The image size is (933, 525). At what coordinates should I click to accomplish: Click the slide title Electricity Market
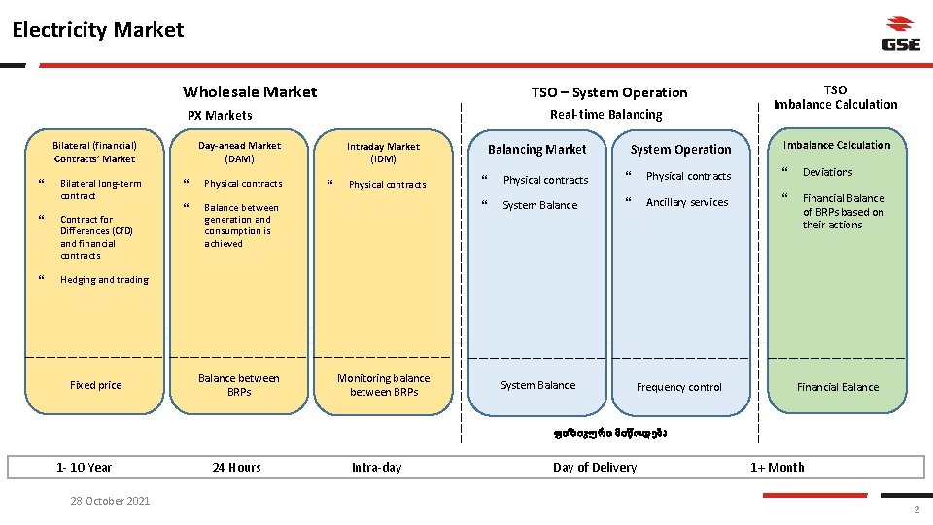(x=98, y=30)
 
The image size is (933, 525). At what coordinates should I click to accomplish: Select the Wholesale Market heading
(x=250, y=92)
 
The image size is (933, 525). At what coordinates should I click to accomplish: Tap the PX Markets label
(x=220, y=115)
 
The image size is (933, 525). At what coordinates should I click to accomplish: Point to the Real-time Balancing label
(x=605, y=114)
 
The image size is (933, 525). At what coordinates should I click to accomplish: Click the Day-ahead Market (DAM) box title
(x=239, y=152)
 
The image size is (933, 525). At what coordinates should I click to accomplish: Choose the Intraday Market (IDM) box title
(x=384, y=153)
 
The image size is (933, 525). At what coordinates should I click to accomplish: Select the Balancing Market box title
(x=537, y=150)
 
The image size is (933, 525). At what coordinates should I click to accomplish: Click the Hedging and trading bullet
(x=104, y=280)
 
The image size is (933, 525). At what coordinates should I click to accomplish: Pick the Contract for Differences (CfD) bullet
(x=96, y=237)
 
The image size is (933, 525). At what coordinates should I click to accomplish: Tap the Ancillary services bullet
(x=687, y=202)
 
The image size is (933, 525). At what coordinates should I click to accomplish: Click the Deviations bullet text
(x=827, y=173)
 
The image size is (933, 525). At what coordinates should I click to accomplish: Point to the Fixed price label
(x=96, y=385)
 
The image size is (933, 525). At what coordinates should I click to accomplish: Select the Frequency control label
(x=679, y=387)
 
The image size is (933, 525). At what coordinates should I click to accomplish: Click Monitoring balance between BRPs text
(x=384, y=385)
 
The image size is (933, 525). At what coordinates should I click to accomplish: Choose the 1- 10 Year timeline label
(x=85, y=468)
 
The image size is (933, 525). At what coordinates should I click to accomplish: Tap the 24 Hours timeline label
(x=237, y=468)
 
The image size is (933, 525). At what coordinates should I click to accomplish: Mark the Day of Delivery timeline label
(x=595, y=468)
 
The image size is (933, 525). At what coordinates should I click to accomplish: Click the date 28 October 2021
(x=110, y=501)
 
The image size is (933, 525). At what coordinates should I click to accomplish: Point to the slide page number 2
(x=916, y=511)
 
